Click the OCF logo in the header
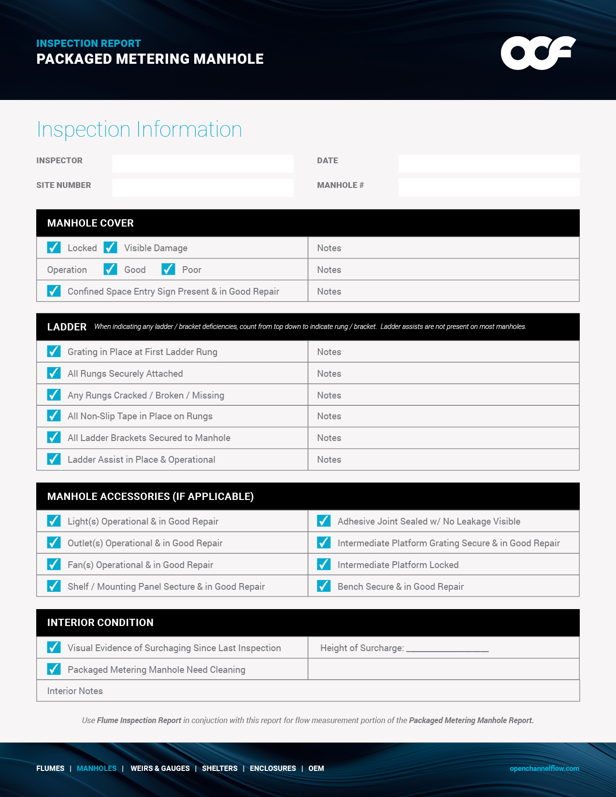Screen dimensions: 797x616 tap(538, 53)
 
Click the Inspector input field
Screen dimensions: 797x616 tap(202, 164)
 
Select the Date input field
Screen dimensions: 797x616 tap(488, 164)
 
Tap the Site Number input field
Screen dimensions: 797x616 tap(202, 188)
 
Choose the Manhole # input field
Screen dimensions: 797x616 tap(488, 187)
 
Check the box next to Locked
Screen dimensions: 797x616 tap(54, 248)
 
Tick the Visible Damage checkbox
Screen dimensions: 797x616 tap(110, 248)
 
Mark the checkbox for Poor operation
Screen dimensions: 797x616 tap(168, 270)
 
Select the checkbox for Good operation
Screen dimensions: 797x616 tap(110, 270)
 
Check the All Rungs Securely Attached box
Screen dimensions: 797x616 tap(54, 373)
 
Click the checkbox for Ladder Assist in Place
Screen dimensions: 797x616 tap(54, 459)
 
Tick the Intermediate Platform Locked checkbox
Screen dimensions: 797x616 tap(324, 565)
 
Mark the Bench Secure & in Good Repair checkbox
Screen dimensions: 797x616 tap(324, 586)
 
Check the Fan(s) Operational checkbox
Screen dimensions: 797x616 tap(54, 565)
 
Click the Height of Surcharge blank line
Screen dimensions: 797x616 tap(447, 649)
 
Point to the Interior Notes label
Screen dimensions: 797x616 tap(75, 691)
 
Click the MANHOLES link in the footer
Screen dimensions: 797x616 tap(97, 769)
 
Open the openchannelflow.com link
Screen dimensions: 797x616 tap(544, 769)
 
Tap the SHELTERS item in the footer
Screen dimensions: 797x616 tap(219, 769)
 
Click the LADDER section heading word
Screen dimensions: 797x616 tap(67, 327)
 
